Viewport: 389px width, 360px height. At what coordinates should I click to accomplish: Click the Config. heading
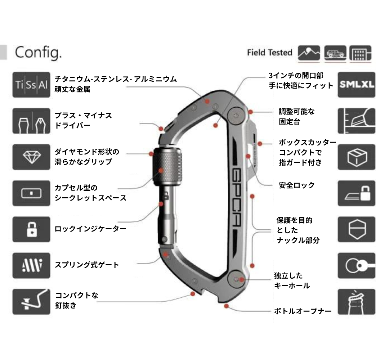(x=38, y=53)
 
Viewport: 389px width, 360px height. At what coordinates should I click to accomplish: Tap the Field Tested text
(x=269, y=53)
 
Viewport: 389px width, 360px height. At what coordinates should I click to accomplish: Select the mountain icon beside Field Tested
(x=309, y=53)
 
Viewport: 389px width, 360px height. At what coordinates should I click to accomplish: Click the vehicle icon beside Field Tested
(x=335, y=53)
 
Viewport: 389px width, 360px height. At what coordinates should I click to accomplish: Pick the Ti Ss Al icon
(x=31, y=85)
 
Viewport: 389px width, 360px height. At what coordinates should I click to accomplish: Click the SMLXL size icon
(x=356, y=85)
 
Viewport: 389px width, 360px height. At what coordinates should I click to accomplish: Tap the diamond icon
(x=31, y=157)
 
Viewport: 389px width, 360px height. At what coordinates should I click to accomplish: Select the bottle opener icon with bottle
(x=356, y=302)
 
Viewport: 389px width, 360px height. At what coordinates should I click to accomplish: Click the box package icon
(x=356, y=157)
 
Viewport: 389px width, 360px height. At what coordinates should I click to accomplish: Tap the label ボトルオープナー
(x=303, y=311)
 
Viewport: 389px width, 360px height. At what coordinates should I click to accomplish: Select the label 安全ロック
(x=297, y=185)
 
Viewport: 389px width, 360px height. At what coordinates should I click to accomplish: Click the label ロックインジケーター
(x=85, y=229)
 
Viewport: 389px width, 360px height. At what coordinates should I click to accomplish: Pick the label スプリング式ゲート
(x=86, y=265)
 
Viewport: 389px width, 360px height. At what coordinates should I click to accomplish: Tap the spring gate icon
(x=31, y=265)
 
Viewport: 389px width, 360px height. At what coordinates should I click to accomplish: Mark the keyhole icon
(x=356, y=265)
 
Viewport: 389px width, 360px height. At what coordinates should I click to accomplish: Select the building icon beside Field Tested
(x=360, y=53)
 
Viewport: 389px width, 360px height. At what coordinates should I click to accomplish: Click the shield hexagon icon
(x=356, y=229)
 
